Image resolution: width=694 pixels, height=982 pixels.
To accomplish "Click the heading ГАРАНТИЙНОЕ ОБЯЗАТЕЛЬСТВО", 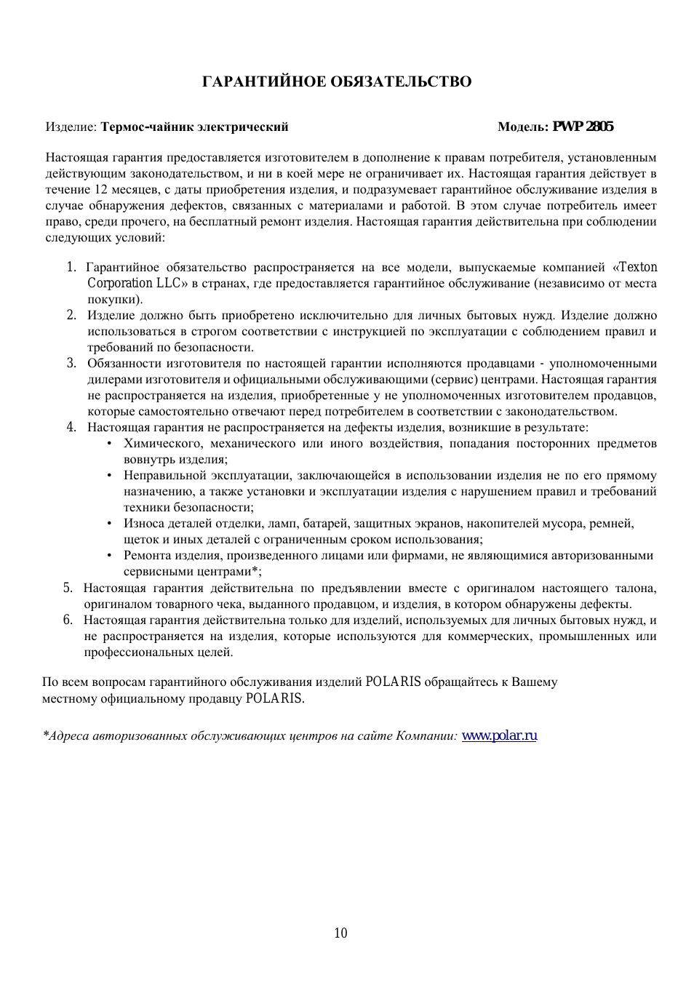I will click(336, 81).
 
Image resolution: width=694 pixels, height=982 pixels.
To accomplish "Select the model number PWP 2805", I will click(583, 127).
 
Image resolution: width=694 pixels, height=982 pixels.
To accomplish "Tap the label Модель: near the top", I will click(522, 127).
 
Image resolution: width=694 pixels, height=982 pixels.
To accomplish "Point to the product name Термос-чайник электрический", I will click(194, 127).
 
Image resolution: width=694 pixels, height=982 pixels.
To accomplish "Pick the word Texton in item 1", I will click(637, 267).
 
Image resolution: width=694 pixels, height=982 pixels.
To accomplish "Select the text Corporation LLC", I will click(134, 283).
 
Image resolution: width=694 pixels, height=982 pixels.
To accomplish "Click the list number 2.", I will click(71, 315).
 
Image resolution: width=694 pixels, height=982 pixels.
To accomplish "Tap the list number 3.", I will click(71, 363).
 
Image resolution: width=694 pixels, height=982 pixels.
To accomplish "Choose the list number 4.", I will click(71, 427).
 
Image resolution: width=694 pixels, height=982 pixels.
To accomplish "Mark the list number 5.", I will click(67, 588).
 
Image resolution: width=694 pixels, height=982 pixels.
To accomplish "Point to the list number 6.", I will click(67, 620).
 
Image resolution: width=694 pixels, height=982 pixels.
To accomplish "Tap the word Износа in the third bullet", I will click(143, 523).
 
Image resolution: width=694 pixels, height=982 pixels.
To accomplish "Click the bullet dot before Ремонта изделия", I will click(109, 555).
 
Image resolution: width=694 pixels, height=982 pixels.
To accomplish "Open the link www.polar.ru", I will click(499, 735).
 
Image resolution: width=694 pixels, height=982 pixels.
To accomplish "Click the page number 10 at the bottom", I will click(340, 933).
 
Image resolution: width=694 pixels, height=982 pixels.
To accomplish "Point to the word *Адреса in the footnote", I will click(65, 735).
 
